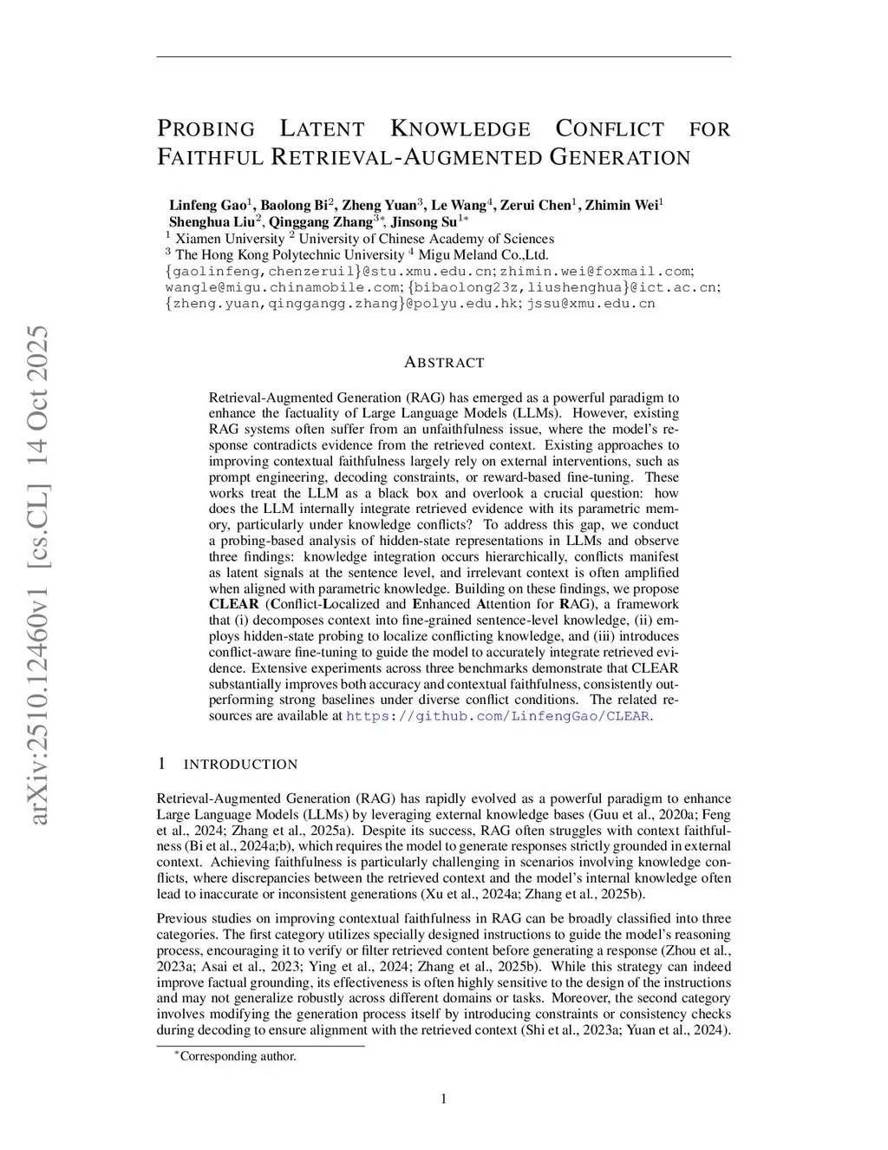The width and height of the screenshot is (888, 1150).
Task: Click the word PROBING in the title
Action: [206, 129]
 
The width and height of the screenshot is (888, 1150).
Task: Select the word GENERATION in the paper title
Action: [620, 157]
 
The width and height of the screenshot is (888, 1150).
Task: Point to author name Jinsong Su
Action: [423, 222]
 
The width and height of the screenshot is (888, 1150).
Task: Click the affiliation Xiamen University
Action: [230, 239]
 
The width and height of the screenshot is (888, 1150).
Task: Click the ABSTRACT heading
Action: [444, 363]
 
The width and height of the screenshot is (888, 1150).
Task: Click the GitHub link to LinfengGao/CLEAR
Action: [498, 716]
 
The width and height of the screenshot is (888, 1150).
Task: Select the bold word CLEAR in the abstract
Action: [234, 604]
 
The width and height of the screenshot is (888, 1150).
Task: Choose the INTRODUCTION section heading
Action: [240, 765]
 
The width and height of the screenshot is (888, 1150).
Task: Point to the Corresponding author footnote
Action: [238, 1056]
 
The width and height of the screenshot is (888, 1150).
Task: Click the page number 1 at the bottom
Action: [444, 1100]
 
